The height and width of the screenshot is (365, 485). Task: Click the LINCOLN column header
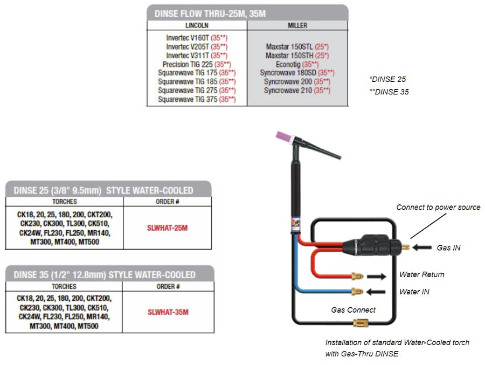pos(197,25)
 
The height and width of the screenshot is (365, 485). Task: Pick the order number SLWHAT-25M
pos(168,228)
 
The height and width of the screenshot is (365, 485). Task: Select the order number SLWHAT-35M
pos(168,312)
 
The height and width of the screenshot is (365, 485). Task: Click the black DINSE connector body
pos(372,247)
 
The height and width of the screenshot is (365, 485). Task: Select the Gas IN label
pos(450,248)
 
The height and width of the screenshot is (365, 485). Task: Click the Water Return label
pos(421,274)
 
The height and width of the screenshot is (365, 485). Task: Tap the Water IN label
pos(414,292)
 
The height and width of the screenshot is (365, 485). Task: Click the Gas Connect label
pos(353,310)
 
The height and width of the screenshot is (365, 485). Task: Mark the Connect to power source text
pos(438,207)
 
